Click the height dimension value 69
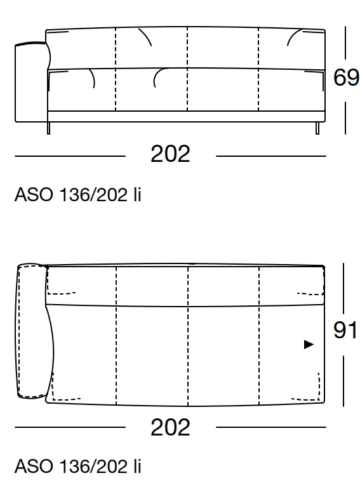346,77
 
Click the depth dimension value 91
346,331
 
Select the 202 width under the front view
170,154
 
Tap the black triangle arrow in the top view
309,345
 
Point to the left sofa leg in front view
48,128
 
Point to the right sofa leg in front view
317,128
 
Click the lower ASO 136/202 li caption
77,469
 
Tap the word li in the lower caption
136,469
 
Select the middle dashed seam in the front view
188,70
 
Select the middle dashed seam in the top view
188,336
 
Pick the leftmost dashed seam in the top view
116,336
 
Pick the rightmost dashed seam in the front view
259,70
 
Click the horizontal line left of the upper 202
70,156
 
